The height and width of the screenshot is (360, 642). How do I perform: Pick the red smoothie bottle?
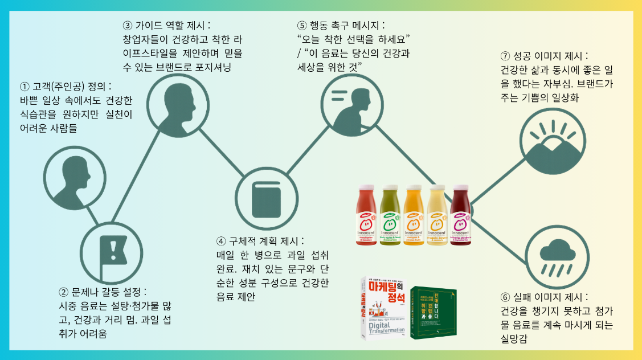(x=366, y=217)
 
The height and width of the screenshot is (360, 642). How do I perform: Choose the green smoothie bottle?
(x=389, y=217)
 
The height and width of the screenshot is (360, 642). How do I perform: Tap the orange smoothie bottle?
(x=413, y=217)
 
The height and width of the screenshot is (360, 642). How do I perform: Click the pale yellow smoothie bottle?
(x=437, y=217)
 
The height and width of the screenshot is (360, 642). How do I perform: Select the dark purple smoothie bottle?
(x=460, y=217)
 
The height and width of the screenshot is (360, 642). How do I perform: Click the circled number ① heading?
(x=66, y=87)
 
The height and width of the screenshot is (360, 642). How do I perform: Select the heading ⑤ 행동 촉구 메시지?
(x=341, y=26)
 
